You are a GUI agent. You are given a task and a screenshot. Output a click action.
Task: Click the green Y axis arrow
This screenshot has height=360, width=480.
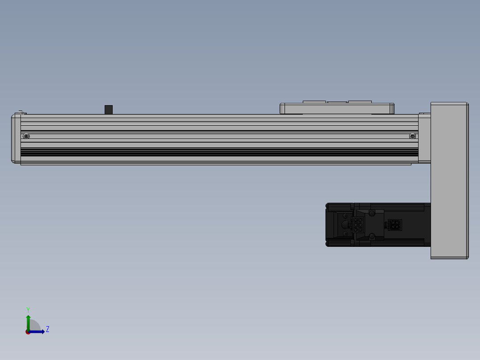[x=28, y=321]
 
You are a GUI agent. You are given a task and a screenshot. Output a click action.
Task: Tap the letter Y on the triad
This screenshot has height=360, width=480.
[x=28, y=310]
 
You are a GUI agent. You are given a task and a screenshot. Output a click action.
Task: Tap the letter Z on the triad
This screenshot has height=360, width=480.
[x=47, y=329]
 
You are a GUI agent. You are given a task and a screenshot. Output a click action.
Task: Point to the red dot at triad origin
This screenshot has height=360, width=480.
[x=28, y=331]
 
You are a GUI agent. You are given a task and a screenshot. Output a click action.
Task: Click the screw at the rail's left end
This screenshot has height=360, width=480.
[x=27, y=136]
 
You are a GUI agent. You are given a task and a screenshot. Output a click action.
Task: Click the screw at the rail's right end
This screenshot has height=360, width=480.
[x=412, y=136]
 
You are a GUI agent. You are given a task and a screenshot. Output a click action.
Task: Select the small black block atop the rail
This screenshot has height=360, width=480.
[x=109, y=109]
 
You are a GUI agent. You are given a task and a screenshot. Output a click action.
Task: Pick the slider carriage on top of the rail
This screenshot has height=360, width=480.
[x=337, y=108]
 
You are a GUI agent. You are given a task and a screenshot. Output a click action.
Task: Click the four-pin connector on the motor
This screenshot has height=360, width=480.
[x=394, y=225]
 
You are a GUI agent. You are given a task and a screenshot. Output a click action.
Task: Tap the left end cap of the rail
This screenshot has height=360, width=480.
[x=16, y=138]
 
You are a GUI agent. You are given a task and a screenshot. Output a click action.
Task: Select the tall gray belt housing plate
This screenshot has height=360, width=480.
[x=449, y=180]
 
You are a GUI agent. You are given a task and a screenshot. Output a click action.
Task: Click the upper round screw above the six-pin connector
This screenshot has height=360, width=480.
[x=346, y=216]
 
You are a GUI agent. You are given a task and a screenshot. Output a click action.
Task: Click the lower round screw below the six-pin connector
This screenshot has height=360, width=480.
[x=346, y=233]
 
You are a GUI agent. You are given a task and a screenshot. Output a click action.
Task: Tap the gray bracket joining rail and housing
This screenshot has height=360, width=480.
[x=424, y=138]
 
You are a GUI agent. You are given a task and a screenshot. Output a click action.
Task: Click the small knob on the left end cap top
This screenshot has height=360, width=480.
[x=20, y=111]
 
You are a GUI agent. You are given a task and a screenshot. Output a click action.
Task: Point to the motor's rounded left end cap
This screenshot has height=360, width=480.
[x=330, y=225]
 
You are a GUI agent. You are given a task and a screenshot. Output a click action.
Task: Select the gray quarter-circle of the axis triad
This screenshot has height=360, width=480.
[x=35, y=326]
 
